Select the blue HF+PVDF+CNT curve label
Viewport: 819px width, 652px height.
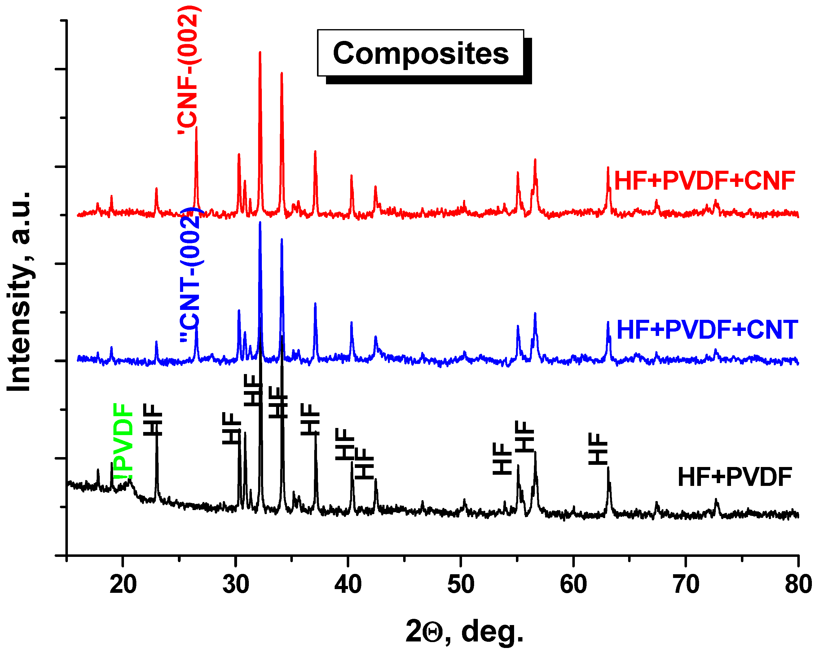click(707, 330)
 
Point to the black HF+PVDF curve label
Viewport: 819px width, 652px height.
click(735, 477)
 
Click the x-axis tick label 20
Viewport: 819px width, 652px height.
click(123, 584)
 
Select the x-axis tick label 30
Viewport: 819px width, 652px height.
click(236, 584)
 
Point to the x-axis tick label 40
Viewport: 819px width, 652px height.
click(348, 584)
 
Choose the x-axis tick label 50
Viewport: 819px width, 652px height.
click(461, 584)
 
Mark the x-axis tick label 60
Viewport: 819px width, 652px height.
click(573, 584)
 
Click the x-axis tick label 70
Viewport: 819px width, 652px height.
click(686, 584)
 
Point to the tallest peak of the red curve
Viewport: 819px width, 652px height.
click(260, 53)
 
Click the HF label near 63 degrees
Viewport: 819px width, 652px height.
click(598, 449)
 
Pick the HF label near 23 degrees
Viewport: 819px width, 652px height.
click(153, 420)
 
